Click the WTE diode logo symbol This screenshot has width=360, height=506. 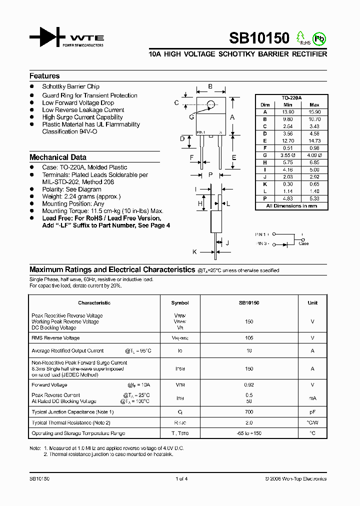[x=47, y=37]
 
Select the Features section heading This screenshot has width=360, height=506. [x=44, y=76]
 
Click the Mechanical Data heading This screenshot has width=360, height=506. [x=58, y=157]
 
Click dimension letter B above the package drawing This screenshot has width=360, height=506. [x=210, y=86]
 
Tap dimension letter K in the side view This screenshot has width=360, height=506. [x=195, y=252]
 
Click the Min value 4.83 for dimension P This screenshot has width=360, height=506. [x=287, y=198]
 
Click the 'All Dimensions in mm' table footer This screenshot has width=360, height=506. [x=291, y=205]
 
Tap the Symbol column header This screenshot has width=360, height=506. [x=180, y=302]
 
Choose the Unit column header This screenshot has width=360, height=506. [x=312, y=302]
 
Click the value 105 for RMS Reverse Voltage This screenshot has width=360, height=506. [x=249, y=338]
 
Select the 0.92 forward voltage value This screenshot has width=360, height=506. [x=249, y=385]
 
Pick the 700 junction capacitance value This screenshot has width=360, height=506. [x=249, y=412]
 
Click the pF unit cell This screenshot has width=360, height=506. [x=312, y=412]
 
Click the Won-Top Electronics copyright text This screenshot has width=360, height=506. [x=296, y=478]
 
